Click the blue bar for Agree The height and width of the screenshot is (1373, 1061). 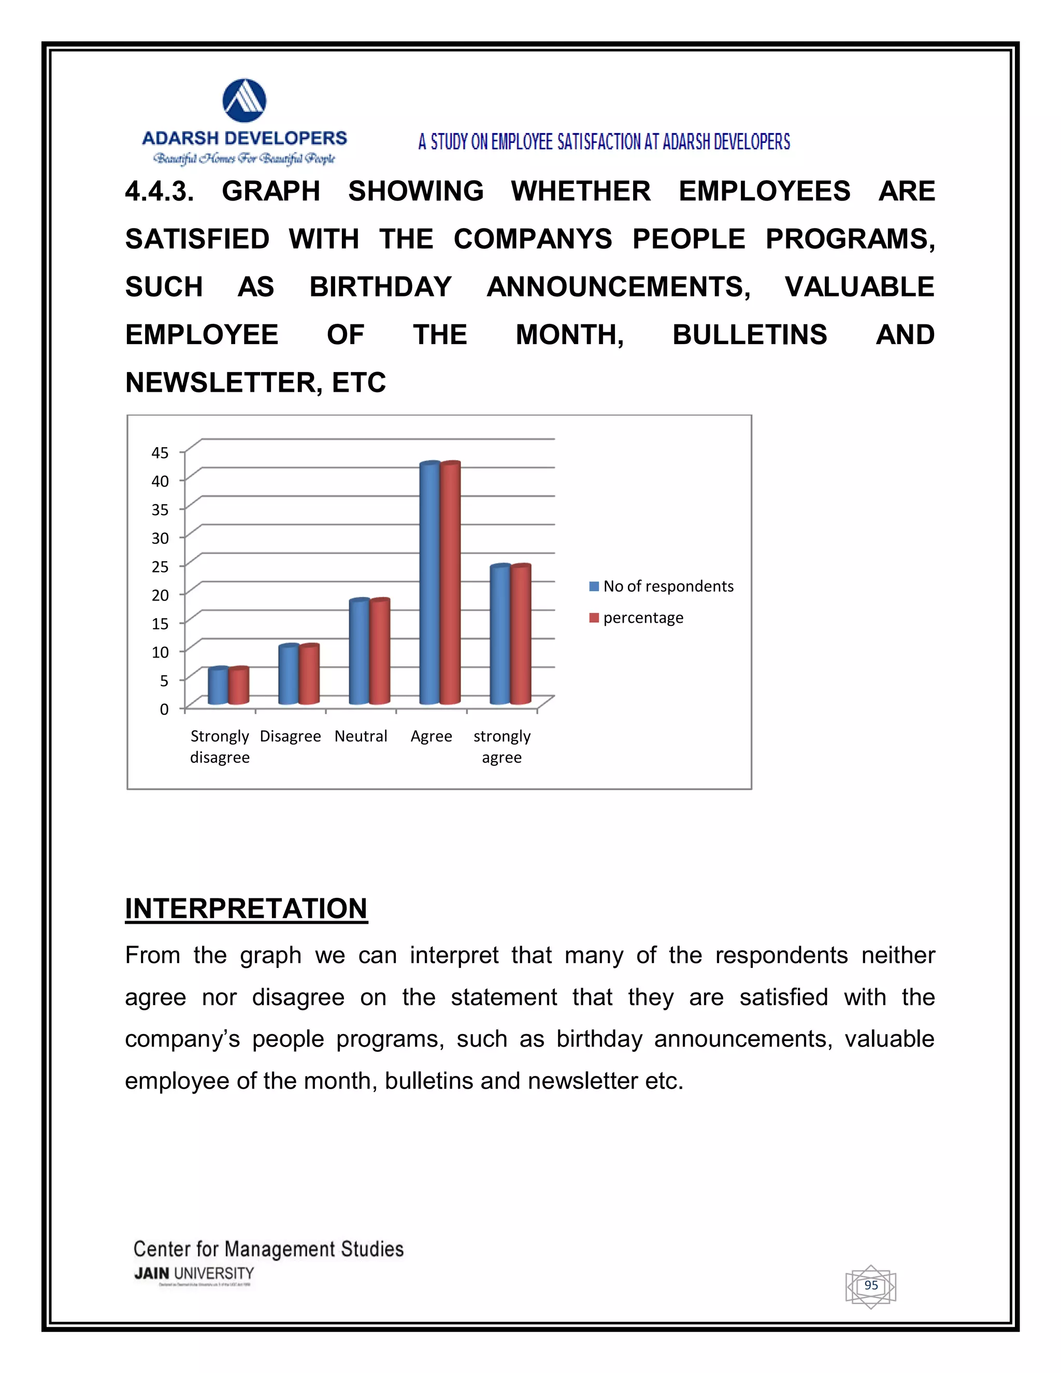(429, 584)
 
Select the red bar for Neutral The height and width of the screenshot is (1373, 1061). (380, 652)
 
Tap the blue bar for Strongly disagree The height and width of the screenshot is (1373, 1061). (218, 686)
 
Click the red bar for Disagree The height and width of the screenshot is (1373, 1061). (309, 675)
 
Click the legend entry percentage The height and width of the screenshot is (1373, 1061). (642, 618)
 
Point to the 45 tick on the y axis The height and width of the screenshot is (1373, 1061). (160, 453)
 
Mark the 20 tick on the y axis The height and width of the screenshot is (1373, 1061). (160, 595)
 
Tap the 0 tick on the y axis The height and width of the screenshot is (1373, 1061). (164, 709)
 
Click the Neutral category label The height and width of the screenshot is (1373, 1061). (361, 736)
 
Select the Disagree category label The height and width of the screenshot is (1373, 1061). (291, 736)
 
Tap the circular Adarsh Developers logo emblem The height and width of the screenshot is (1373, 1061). (245, 101)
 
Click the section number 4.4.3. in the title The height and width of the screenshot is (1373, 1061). (160, 191)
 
